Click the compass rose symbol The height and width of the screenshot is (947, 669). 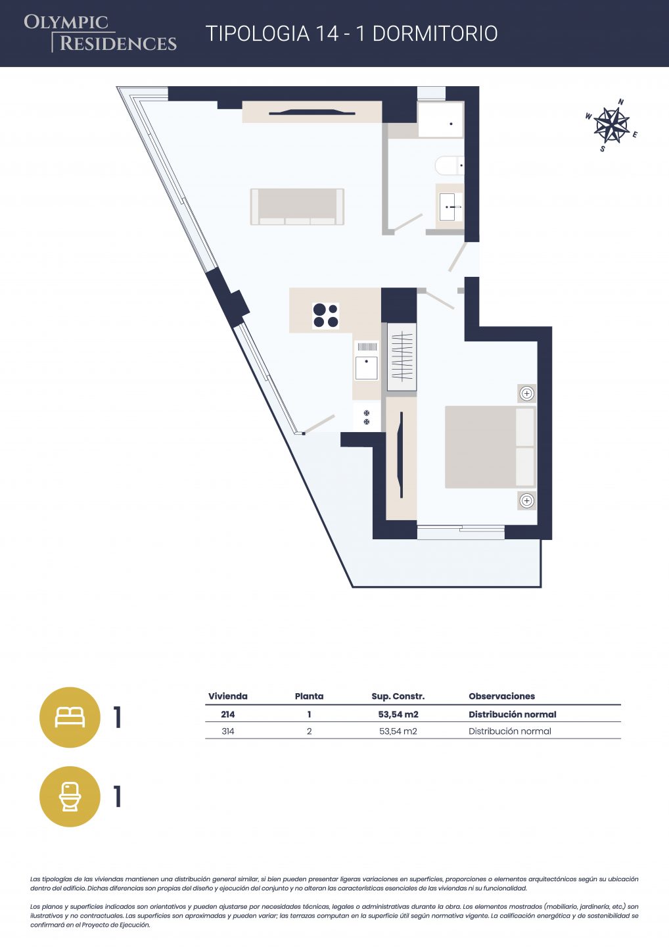[611, 125]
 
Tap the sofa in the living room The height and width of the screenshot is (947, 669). [297, 206]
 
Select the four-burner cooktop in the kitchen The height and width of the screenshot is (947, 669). [326, 316]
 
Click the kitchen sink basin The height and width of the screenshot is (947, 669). [366, 368]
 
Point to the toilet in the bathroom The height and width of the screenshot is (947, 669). [450, 165]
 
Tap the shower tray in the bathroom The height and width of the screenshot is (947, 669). [440, 119]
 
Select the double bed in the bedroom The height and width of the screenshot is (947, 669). [490, 447]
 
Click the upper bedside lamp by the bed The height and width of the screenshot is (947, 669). [526, 393]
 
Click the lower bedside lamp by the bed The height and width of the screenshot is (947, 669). [526, 501]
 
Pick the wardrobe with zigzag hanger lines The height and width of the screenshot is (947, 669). [402, 356]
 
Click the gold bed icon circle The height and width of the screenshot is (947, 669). [70, 717]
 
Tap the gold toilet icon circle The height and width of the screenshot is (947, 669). [70, 796]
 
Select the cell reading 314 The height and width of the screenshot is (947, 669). [227, 731]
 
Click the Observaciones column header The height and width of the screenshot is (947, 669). [502, 696]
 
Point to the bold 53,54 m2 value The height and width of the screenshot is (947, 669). [398, 714]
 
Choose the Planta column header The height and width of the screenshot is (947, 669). [309, 696]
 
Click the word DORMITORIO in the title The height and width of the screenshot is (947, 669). [435, 34]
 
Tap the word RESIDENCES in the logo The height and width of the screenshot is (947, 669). [118, 43]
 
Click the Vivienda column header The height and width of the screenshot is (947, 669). [227, 696]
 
